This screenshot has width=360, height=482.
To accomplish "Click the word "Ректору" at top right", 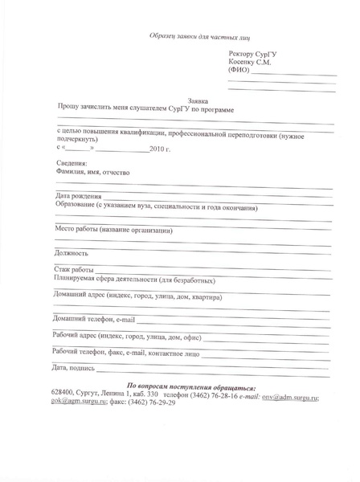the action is [245, 53].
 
